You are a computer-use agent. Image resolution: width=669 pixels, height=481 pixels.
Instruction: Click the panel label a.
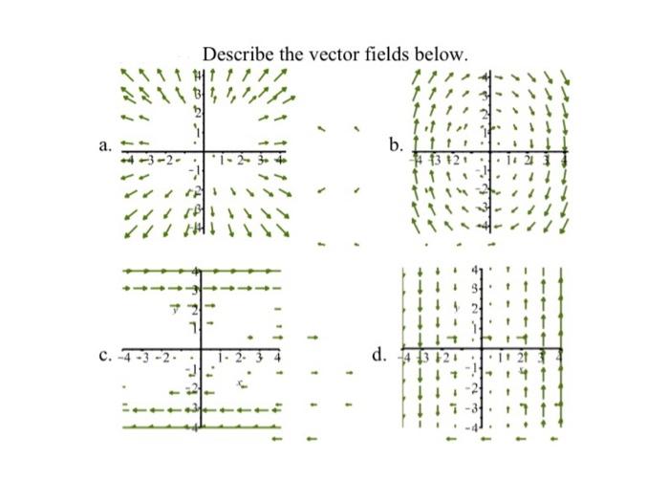104,146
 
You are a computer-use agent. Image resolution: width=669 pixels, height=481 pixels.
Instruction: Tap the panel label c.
104,359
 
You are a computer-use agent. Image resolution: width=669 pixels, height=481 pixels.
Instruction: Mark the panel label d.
378,357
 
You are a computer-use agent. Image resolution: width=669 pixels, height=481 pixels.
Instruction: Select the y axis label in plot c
175,307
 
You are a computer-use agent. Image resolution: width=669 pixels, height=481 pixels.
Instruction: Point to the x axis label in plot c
242,381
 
